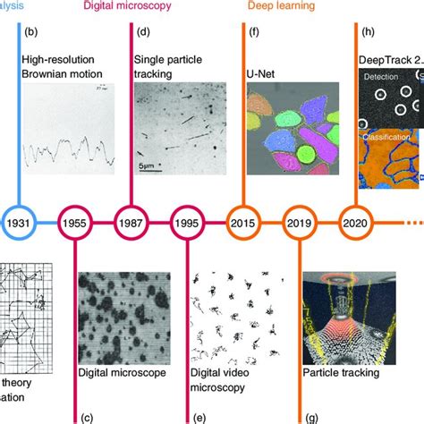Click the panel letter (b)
coord(30,33)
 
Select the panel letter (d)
coord(143,33)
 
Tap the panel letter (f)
coord(254,33)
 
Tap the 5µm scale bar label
coord(149,165)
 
